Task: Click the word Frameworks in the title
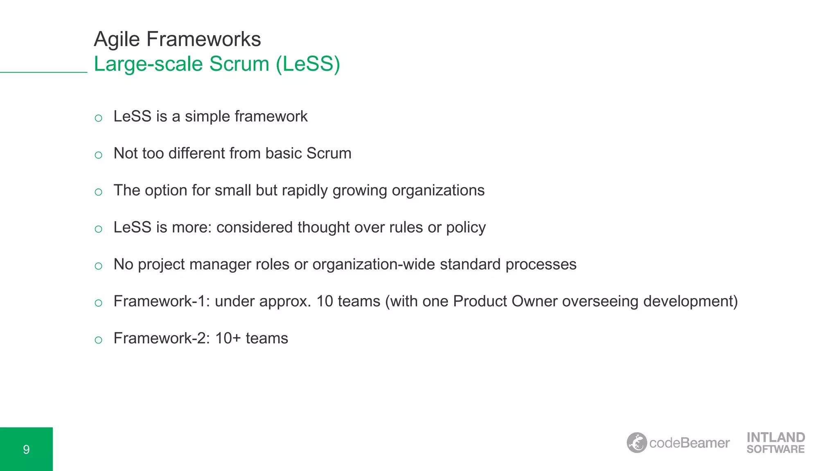click(x=203, y=39)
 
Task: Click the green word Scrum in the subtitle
click(x=239, y=64)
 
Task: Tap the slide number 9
click(x=26, y=449)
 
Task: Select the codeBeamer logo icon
click(x=637, y=443)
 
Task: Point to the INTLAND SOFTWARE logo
click(x=775, y=443)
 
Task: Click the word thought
click(x=323, y=227)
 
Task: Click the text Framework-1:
click(x=162, y=301)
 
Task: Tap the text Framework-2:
click(x=162, y=339)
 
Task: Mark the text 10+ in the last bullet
click(x=228, y=339)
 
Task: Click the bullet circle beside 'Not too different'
click(x=98, y=155)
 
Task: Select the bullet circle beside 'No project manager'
click(x=98, y=266)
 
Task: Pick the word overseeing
click(x=600, y=301)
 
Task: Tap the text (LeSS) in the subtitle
click(x=308, y=64)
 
